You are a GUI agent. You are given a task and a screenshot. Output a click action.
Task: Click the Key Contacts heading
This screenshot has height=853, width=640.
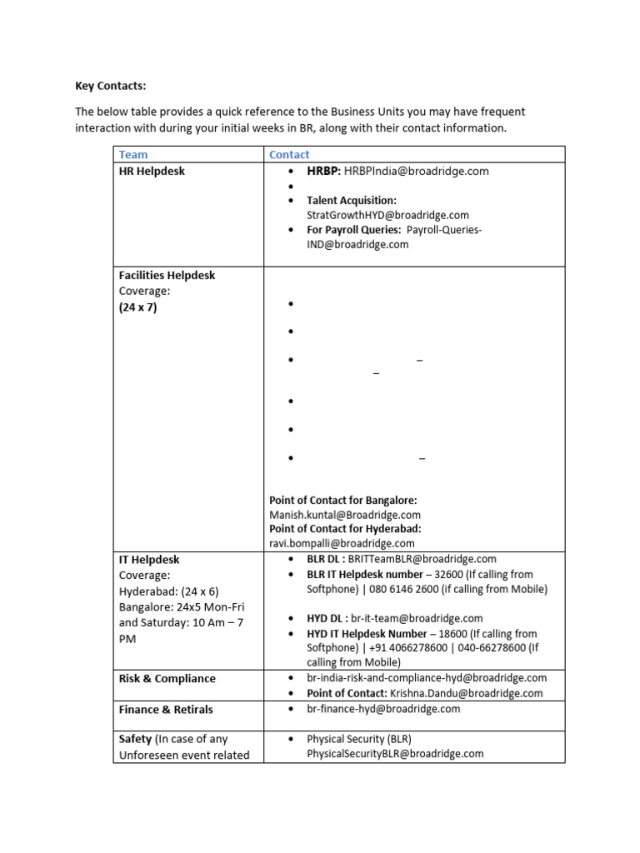click(110, 85)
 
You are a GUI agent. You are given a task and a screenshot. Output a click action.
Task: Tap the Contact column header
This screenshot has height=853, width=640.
click(289, 154)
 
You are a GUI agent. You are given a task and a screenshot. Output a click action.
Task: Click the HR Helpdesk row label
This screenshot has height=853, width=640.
click(152, 171)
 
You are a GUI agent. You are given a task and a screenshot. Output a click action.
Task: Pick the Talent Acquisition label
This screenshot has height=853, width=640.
click(352, 201)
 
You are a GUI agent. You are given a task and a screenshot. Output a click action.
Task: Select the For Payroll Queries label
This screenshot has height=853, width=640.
click(354, 230)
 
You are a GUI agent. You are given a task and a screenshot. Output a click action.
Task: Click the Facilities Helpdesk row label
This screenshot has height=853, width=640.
click(167, 275)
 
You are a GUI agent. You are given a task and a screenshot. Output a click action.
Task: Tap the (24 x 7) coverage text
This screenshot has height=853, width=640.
click(137, 307)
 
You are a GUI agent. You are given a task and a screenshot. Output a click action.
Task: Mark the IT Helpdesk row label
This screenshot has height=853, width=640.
click(149, 560)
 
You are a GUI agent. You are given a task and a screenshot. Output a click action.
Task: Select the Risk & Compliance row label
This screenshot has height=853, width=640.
click(167, 678)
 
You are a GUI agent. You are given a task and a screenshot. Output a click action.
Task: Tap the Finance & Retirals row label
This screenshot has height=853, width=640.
click(166, 709)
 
